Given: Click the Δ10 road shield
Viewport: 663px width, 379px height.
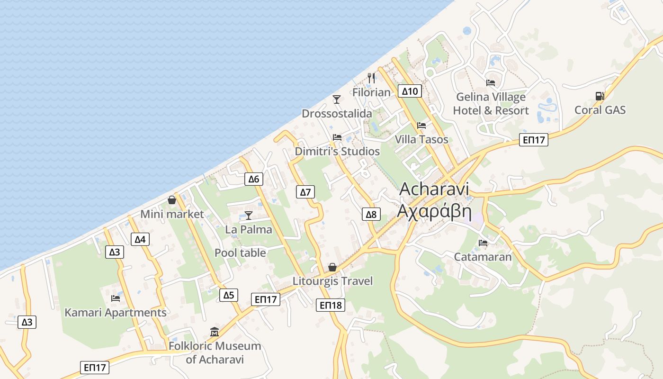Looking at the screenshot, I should tap(410, 91).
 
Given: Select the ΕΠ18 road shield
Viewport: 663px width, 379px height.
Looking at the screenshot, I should tap(331, 305).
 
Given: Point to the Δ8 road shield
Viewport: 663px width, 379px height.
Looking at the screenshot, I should tap(371, 215).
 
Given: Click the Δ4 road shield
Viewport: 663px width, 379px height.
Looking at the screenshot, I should tap(140, 239).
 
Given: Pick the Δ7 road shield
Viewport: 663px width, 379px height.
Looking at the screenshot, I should tap(306, 192).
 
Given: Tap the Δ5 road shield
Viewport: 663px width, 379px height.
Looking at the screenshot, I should tap(229, 295).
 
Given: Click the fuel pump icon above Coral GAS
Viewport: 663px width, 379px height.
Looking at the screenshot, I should tap(600, 96).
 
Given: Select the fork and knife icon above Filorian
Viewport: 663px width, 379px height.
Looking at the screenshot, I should tap(371, 78).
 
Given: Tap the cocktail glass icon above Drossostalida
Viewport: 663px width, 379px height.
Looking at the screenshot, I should tap(337, 99).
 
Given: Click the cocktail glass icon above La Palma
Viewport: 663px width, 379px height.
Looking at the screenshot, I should tap(249, 216).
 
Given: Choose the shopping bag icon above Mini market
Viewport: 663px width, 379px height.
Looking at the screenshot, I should tap(172, 200).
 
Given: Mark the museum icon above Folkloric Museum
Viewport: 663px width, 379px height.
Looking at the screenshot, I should tap(214, 332).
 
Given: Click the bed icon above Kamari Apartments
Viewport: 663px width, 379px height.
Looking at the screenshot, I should tap(115, 298).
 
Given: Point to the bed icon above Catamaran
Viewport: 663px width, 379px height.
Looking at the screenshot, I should tap(483, 243).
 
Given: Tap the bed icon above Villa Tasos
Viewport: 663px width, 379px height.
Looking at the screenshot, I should tap(421, 126).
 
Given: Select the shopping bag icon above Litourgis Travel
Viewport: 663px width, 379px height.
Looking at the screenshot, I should tap(332, 267).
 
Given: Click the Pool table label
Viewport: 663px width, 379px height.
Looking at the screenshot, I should tap(240, 253).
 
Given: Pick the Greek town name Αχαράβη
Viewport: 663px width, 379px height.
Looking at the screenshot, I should tap(434, 211).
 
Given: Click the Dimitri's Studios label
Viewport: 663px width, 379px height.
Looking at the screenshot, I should tap(337, 152).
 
